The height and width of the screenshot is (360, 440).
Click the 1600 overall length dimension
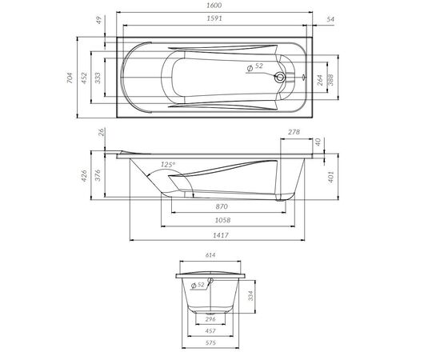tap(214, 6)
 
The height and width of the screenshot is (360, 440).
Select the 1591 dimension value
tap(214, 18)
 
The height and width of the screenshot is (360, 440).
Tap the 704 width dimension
tap(70, 78)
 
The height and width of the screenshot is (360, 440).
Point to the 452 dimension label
tap(84, 78)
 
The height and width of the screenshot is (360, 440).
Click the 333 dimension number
tap(98, 78)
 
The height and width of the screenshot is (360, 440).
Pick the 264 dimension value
tap(320, 80)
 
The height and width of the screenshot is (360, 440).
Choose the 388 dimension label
tap(331, 80)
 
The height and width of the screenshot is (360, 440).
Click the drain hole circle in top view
tap(280, 77)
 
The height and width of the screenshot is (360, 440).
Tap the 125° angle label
tap(168, 165)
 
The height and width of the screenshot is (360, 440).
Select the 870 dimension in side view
tap(222, 206)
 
